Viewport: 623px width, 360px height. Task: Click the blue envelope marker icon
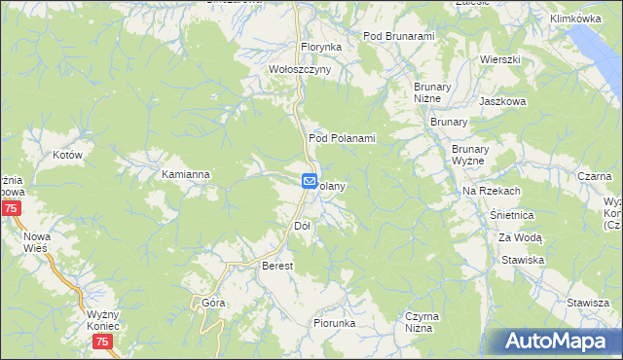[309, 181]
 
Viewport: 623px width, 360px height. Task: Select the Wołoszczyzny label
[301, 70]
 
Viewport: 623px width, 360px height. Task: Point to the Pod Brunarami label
[398, 36]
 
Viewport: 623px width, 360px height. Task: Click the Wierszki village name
[499, 59]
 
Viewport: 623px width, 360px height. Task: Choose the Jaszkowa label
[502, 100]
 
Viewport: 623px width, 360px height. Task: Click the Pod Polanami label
[342, 139]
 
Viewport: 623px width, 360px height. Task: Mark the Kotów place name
[66, 155]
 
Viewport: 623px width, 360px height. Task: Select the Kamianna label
[186, 175]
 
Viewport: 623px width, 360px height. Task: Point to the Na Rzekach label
[491, 191]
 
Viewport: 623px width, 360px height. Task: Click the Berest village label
[278, 266]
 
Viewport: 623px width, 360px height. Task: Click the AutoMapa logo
[552, 342]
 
